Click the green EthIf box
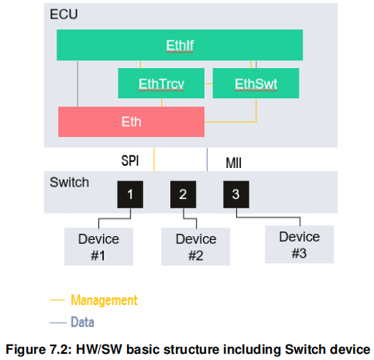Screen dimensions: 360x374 pyautogui.click(x=179, y=45)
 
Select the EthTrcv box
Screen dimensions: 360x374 pyautogui.click(x=160, y=83)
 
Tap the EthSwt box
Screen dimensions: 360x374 pyautogui.click(x=256, y=83)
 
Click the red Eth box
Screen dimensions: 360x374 pyautogui.click(x=131, y=122)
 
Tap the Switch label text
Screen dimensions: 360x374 pyautogui.click(x=69, y=183)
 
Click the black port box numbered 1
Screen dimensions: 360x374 pyautogui.click(x=130, y=194)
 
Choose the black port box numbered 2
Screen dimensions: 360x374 pyautogui.click(x=183, y=194)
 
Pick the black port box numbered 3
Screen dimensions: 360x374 pyautogui.click(x=235, y=194)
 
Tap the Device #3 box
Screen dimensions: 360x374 pyautogui.click(x=299, y=244)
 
